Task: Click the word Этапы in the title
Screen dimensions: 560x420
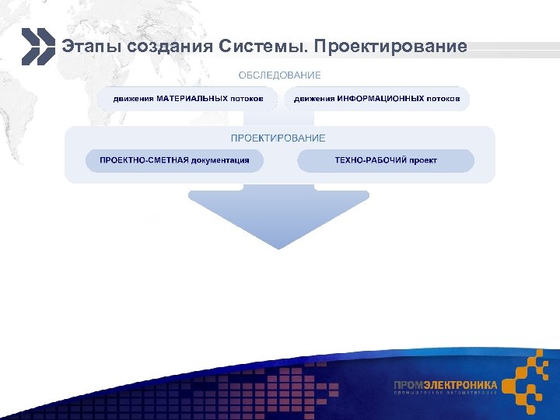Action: click(x=86, y=47)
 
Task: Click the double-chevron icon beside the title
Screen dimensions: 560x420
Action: click(x=37, y=47)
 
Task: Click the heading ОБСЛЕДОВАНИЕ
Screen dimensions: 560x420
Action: click(x=279, y=75)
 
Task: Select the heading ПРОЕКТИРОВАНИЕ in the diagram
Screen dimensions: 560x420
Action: click(x=278, y=138)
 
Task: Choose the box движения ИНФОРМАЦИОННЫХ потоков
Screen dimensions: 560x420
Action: click(x=376, y=99)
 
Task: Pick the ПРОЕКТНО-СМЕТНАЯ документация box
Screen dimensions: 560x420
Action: click(x=174, y=160)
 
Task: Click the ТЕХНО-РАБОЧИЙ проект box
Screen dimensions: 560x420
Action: click(x=386, y=160)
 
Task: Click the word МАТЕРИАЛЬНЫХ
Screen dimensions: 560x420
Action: click(x=192, y=99)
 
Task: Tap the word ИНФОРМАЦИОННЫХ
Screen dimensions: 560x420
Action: click(x=381, y=99)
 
